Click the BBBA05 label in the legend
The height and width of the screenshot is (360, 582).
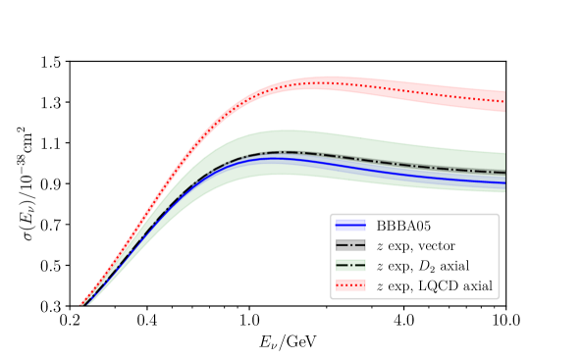tap(402, 226)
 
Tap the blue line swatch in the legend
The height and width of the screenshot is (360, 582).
tap(350, 226)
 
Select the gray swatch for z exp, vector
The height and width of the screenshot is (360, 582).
tap(350, 245)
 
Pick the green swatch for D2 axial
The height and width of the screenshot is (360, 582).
tap(350, 266)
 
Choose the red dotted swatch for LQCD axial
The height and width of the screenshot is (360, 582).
tap(350, 285)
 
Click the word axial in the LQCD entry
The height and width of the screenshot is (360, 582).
tap(475, 285)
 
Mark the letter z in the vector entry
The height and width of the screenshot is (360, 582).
tap(380, 246)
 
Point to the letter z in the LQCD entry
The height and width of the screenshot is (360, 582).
tap(380, 286)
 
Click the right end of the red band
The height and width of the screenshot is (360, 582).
tap(504, 102)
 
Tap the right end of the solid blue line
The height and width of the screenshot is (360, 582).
tap(504, 182)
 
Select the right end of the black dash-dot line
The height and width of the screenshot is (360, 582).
tap(504, 174)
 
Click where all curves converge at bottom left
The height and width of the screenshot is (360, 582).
tap(83, 303)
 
